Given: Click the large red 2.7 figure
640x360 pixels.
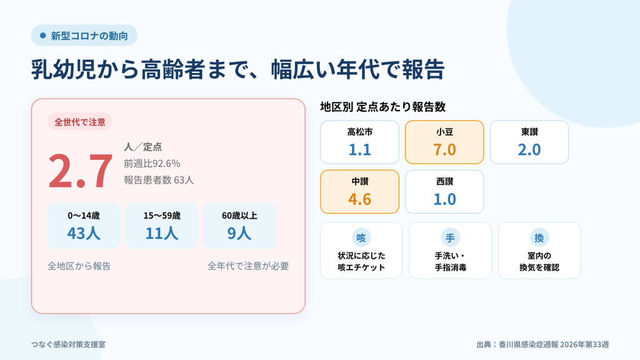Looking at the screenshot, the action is pos(80,171).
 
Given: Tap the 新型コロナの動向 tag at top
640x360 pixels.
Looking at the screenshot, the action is pos(84,36).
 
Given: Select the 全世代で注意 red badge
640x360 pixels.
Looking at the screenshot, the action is pos(80,122).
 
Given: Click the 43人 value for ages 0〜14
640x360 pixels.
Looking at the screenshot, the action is pos(84,233).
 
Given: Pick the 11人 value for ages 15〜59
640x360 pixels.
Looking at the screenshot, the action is pos(162,233).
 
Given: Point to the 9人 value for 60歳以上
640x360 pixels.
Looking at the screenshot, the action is pos(239,233).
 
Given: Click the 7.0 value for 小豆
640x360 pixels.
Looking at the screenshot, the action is pos(444,150).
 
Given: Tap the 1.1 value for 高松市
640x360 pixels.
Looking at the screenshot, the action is pos(359,150).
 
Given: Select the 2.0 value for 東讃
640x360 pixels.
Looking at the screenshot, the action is pos(529,150).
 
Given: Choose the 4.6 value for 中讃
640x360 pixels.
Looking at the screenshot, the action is pos(359,199).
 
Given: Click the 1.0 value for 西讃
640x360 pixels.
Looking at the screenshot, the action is pos(444,199).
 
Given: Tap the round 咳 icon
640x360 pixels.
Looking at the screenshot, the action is pos(361,237).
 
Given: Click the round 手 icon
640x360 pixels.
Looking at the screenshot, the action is pos(450,237).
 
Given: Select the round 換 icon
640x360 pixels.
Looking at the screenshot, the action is pos(539,237).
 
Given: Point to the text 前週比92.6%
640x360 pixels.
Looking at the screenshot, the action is pos(152,163).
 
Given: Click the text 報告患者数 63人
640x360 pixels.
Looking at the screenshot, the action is pos(159,180).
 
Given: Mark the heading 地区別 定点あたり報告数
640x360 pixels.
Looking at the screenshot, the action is pos(383,107).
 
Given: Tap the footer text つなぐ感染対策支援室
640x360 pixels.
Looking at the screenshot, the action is pos(68,344).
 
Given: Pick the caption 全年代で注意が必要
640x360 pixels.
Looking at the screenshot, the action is pos(248,266).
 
